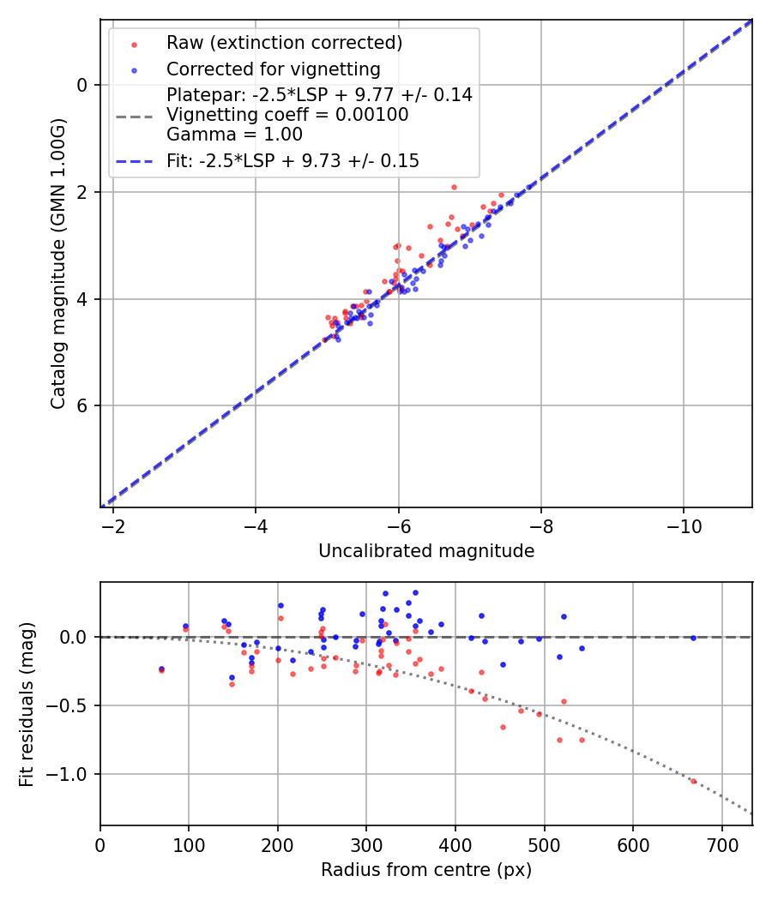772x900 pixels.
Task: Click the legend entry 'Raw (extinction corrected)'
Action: [284, 43]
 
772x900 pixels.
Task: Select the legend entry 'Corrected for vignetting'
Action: [273, 69]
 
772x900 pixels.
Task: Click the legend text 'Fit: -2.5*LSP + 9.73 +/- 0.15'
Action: [293, 161]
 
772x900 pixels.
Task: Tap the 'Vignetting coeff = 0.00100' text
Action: [287, 115]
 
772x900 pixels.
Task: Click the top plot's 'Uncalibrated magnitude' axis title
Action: [426, 551]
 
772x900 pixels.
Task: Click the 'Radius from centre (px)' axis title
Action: [426, 870]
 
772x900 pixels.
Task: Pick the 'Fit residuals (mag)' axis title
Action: [27, 704]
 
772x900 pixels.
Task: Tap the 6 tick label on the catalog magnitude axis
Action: [82, 405]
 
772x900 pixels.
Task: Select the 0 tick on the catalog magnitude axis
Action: [82, 85]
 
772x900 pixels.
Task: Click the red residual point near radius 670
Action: [694, 781]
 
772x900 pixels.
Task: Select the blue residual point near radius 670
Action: [693, 638]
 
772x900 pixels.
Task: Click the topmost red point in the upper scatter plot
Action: [454, 187]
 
